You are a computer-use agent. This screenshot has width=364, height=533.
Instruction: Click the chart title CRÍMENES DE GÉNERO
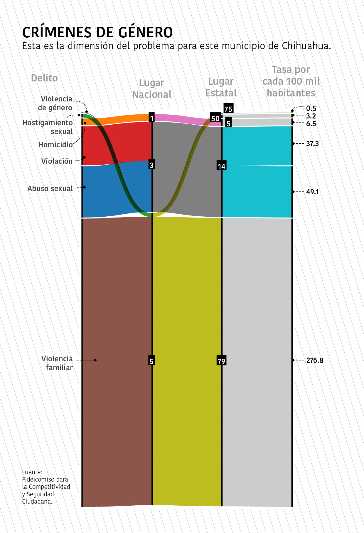(x=97, y=32)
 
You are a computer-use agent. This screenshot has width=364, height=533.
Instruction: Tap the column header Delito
(x=44, y=78)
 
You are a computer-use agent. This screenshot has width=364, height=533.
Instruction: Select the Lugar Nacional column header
(x=151, y=88)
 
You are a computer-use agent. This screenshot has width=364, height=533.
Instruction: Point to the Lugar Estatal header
(x=221, y=87)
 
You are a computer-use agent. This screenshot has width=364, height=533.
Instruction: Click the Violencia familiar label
(x=57, y=363)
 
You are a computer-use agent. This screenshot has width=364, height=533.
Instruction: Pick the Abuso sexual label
(x=50, y=189)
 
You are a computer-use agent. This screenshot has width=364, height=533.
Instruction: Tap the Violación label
(x=57, y=161)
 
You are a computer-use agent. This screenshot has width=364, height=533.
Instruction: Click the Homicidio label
(x=55, y=145)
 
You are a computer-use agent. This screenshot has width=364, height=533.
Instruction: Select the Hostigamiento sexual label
(x=48, y=127)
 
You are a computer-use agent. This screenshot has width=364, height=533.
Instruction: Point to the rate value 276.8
(x=315, y=360)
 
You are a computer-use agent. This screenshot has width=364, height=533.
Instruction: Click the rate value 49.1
(x=312, y=192)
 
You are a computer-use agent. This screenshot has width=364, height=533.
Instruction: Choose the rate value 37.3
(x=312, y=144)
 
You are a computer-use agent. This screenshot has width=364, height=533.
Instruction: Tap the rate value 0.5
(x=311, y=108)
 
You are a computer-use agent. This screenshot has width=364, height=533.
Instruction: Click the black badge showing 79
(x=221, y=361)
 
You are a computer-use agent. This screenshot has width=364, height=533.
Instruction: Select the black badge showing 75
(x=228, y=108)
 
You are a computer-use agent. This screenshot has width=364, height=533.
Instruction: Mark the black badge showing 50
(x=215, y=118)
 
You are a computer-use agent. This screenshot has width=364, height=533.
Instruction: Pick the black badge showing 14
(x=221, y=166)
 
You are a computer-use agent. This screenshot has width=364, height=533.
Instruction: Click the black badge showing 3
(x=151, y=165)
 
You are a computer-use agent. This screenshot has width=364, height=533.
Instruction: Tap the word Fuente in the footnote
(x=32, y=472)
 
